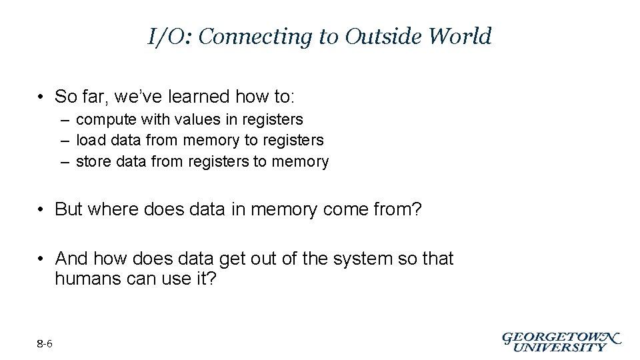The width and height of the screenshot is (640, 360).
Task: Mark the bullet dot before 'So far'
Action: [x=41, y=97]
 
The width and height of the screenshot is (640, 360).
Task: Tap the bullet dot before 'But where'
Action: [x=41, y=210]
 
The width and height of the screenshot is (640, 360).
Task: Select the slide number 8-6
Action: [x=45, y=344]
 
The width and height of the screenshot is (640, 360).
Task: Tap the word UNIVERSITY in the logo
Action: [x=561, y=347]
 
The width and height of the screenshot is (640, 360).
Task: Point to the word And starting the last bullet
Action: [x=71, y=258]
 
